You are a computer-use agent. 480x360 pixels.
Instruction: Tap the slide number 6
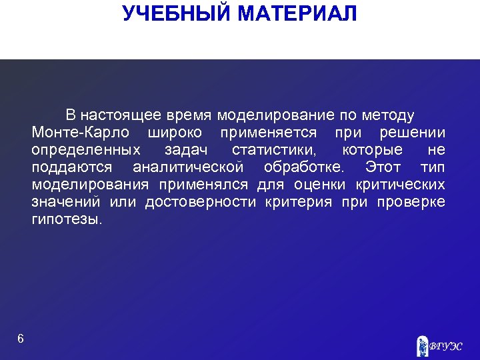pyautogui.click(x=21, y=339)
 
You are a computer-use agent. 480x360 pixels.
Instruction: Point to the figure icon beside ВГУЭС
pyautogui.click(x=422, y=344)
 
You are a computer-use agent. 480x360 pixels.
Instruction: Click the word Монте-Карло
pyautogui.click(x=79, y=132)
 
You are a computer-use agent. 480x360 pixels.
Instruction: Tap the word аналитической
pyautogui.click(x=188, y=167)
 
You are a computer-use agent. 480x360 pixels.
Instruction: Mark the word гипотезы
pyautogui.click(x=67, y=219)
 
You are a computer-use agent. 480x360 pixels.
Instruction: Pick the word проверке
pyautogui.click(x=411, y=202)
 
